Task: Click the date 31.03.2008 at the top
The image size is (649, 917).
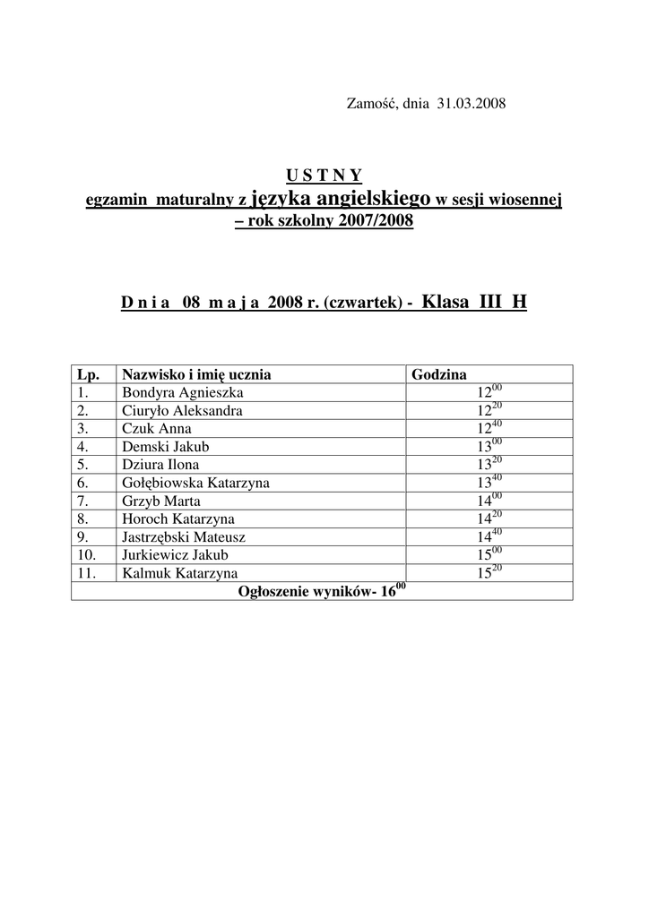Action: coord(472,104)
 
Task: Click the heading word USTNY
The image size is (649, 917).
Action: coord(324,175)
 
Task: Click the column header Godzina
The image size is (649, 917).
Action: coord(438,374)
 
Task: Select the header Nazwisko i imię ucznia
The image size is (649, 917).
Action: coord(196,374)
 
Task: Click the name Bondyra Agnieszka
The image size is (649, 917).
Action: coord(182,392)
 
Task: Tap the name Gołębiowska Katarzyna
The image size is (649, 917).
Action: coord(195,483)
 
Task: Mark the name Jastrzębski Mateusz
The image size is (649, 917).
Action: coord(184,537)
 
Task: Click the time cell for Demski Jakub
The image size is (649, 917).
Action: coord(489,446)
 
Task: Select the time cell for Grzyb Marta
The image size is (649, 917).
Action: coord(489,501)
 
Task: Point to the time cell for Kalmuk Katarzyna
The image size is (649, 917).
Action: coord(489,573)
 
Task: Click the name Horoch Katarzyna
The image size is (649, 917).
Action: coord(178,518)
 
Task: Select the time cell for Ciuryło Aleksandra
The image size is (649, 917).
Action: coord(489,410)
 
